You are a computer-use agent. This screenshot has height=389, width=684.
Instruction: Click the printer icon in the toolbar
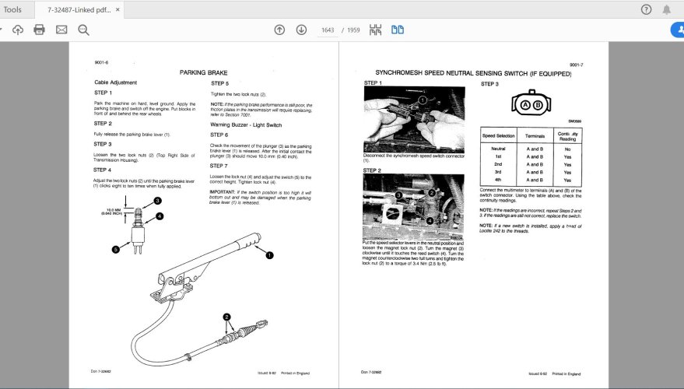40,30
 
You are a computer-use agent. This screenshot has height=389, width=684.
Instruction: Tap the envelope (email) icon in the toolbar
61,30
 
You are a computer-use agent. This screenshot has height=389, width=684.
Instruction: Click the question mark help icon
646,9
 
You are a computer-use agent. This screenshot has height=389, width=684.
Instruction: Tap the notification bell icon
667,9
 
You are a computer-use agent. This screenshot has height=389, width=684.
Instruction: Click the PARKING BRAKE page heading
203,72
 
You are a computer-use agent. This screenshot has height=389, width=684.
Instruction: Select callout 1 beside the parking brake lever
269,254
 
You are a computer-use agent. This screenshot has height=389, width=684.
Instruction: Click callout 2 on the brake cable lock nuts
227,317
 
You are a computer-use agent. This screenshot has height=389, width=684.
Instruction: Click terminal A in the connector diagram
526,104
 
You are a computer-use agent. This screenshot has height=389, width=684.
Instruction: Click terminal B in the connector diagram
538,104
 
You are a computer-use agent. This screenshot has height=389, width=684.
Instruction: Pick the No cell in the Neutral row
567,148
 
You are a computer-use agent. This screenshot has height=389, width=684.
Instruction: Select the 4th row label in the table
499,180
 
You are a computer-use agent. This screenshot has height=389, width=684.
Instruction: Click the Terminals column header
535,135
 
